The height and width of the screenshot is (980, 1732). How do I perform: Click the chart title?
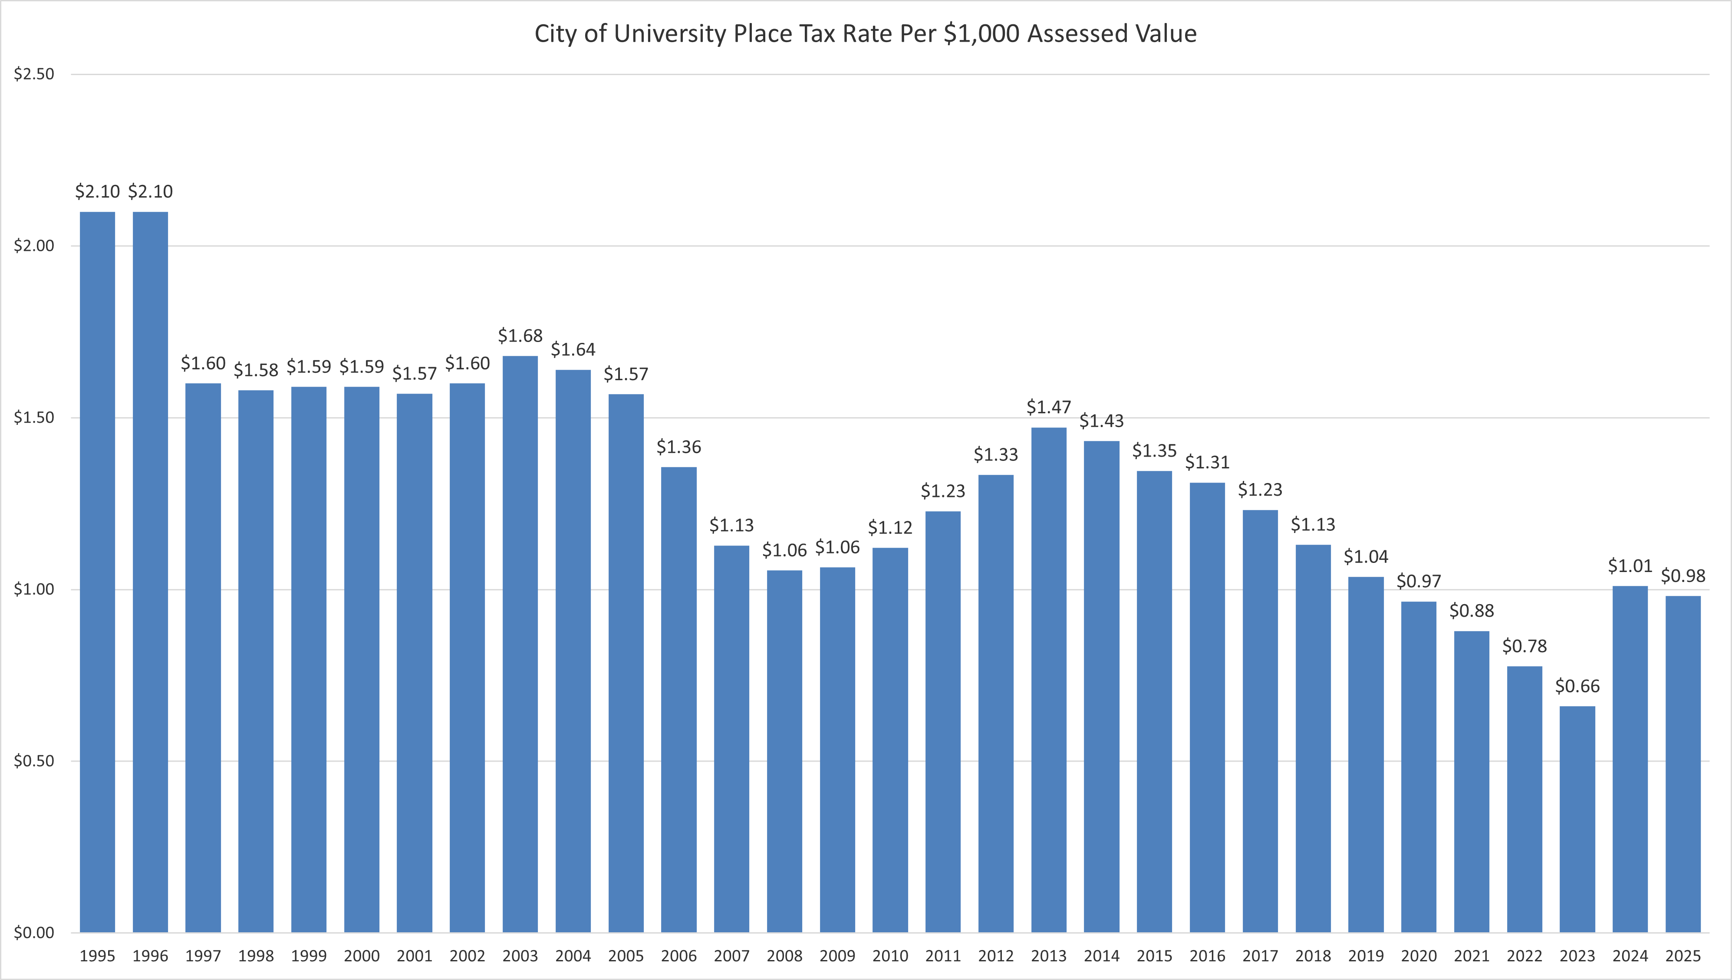(x=865, y=34)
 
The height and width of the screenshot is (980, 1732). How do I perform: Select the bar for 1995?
(x=98, y=572)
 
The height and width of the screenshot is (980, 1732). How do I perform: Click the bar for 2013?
(x=1049, y=680)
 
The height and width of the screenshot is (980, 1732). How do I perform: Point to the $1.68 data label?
(x=520, y=336)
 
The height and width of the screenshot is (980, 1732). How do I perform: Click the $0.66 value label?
(x=1577, y=687)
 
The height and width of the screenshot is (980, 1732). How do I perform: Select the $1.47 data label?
(x=1049, y=407)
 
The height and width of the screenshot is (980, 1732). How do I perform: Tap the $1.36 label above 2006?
(x=678, y=447)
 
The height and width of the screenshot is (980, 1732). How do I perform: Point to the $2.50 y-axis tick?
(x=34, y=74)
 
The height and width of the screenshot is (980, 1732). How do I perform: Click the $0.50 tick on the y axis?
(x=34, y=761)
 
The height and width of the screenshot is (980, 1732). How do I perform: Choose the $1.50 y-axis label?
(x=34, y=418)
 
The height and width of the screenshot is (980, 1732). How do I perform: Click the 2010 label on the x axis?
(x=890, y=956)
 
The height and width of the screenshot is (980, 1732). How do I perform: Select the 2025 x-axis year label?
(x=1683, y=956)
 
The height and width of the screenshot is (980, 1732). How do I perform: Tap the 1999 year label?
(x=309, y=956)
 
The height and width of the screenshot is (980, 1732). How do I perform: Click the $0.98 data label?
(x=1683, y=576)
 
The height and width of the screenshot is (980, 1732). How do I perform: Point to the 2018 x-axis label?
(x=1313, y=956)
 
